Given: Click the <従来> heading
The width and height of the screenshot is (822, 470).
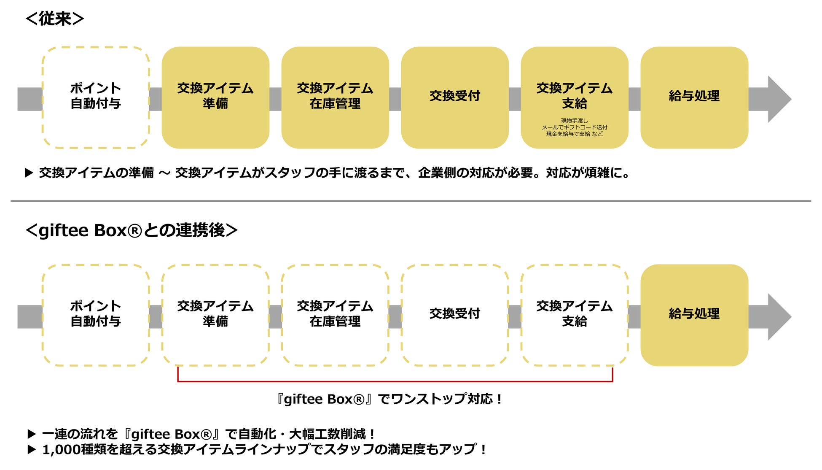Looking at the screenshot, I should (55, 19).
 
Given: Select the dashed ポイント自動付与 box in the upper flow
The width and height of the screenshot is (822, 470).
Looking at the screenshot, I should (96, 97).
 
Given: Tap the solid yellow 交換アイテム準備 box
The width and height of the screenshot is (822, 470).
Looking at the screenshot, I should (215, 97).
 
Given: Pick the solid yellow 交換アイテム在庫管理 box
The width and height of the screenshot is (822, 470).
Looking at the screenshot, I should (335, 97).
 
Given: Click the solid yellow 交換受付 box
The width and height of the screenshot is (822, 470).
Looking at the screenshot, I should (455, 97).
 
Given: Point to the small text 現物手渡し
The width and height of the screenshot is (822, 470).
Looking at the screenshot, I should (574, 121).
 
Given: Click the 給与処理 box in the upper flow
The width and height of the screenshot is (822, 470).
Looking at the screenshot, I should (694, 97).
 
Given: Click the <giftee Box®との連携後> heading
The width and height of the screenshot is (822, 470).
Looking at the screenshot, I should (132, 230).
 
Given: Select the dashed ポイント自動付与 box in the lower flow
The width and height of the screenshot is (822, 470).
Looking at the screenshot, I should (96, 315).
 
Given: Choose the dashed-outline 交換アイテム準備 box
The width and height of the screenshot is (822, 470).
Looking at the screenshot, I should (215, 315).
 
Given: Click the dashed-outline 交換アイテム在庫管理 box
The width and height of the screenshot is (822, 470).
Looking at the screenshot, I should (335, 315).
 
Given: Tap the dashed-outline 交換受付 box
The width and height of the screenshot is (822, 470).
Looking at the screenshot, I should (455, 315).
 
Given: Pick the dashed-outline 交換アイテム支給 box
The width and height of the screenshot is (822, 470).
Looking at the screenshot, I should (575, 315).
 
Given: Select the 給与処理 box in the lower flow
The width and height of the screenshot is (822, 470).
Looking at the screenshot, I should (694, 315).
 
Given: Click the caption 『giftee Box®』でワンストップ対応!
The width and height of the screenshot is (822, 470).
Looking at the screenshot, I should (389, 399).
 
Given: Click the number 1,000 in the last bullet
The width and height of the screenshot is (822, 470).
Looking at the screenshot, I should (61, 450).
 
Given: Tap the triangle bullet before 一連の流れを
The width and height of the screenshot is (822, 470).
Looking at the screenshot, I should (32, 434).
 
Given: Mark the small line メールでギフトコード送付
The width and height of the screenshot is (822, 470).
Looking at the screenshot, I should (574, 127).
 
